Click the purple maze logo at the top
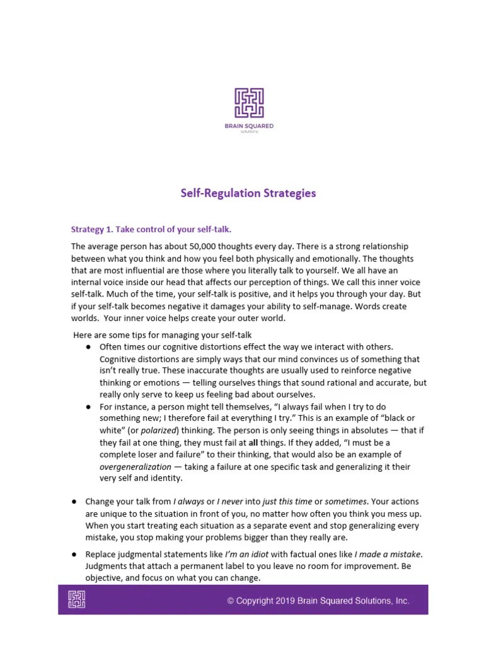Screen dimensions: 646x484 249,103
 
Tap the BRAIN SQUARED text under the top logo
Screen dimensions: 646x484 249,126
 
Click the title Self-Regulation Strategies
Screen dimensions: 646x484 248,193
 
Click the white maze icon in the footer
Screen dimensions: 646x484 76,599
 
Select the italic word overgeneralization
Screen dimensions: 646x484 135,466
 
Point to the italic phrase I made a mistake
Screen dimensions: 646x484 388,554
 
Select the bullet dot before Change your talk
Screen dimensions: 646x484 74,502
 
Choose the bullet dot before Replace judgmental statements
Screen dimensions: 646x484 74,554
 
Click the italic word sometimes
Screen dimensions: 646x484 346,502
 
